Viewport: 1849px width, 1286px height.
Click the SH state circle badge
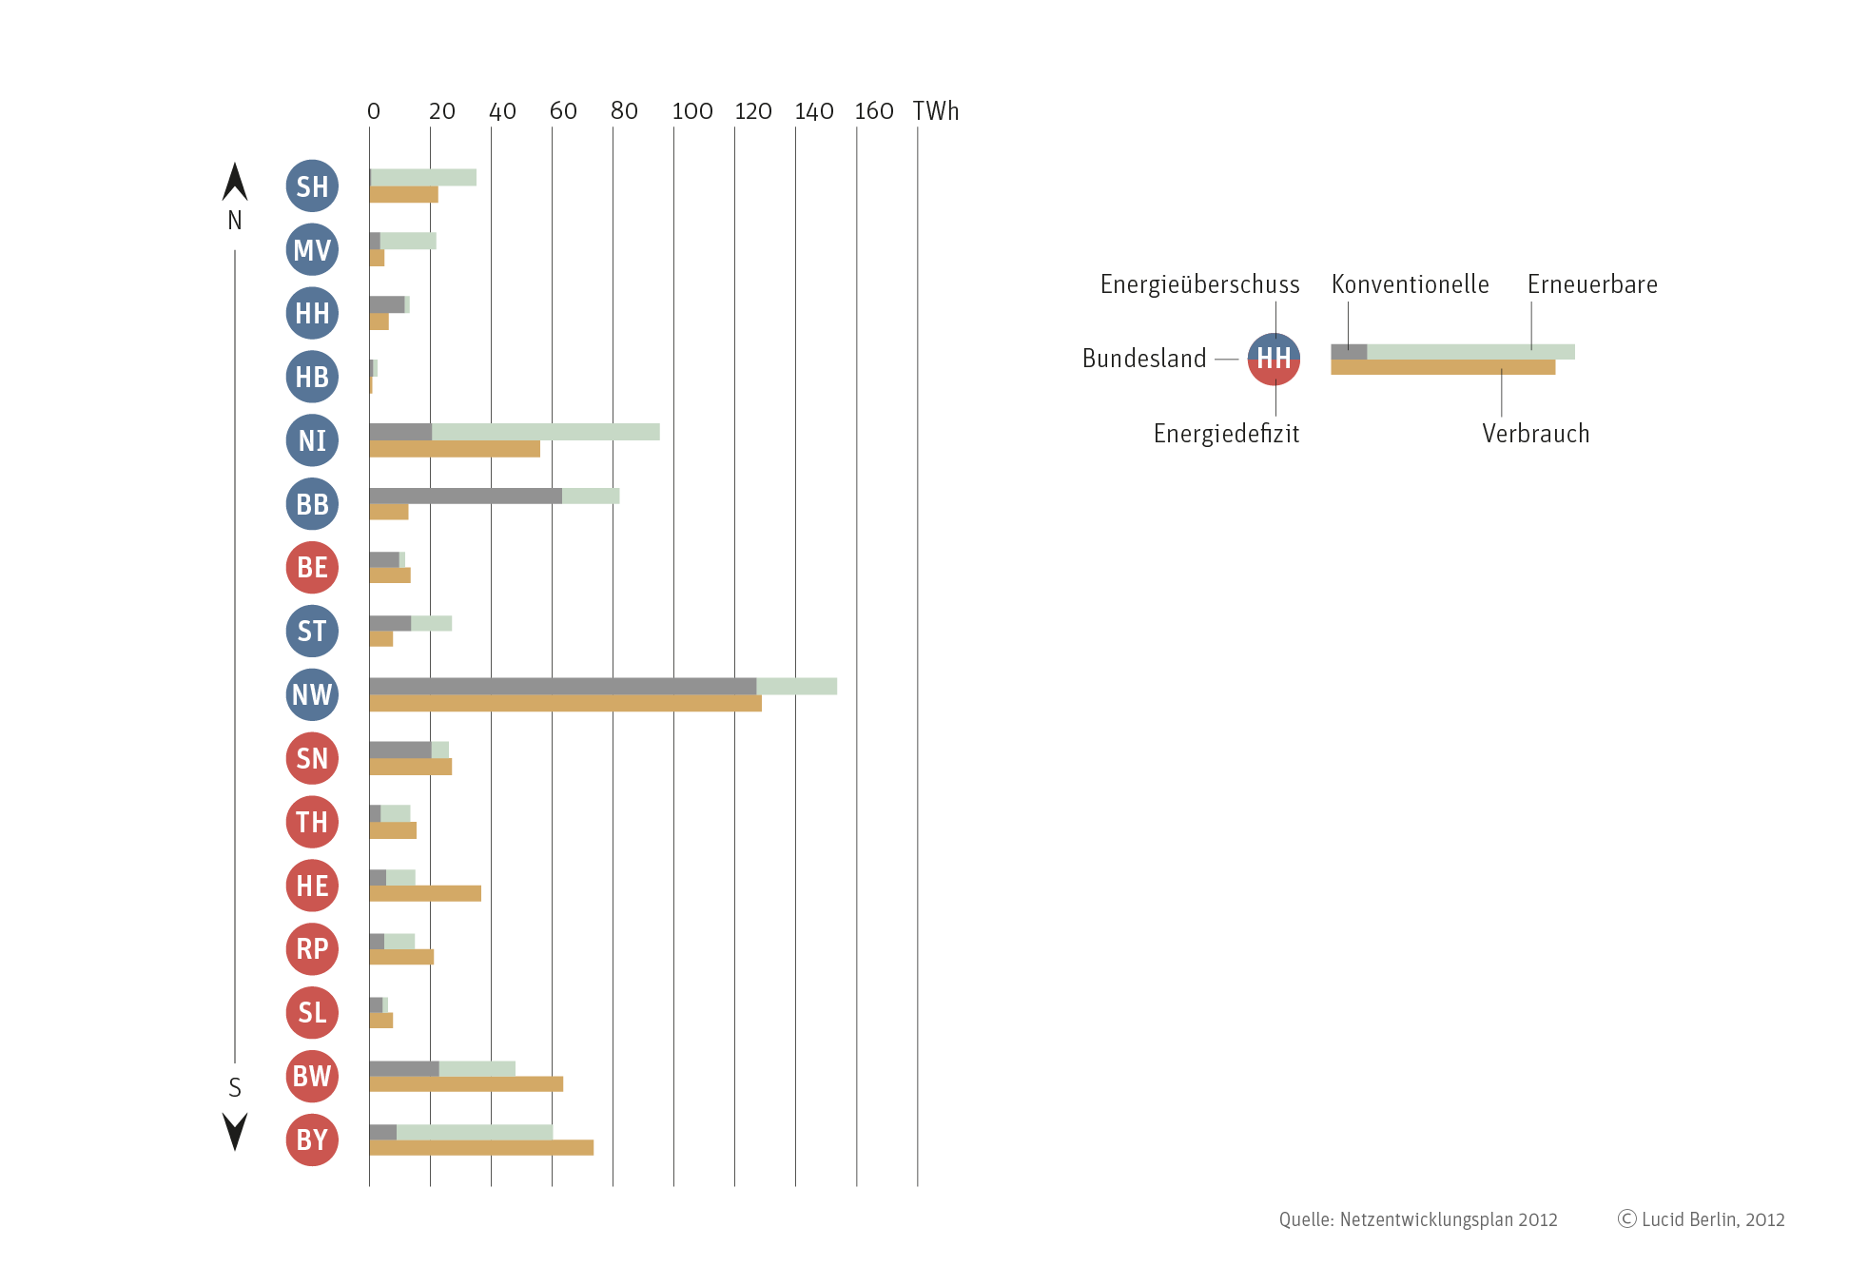[312, 186]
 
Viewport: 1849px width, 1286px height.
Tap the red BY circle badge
[312, 1140]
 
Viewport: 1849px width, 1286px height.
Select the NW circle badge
[312, 694]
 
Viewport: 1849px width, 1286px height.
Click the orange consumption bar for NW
[565, 704]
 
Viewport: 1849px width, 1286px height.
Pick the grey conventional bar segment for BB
[465, 496]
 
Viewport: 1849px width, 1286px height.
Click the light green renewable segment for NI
[545, 432]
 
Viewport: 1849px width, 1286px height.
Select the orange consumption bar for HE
[425, 893]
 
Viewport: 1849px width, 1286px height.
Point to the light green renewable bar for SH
[423, 178]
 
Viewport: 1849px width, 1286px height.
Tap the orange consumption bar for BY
[481, 1148]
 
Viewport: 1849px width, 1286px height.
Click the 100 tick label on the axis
[692, 111]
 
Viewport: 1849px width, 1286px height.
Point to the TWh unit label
[936, 111]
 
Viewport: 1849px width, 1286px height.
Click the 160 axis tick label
[874, 111]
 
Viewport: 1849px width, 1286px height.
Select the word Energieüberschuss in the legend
[1199, 284]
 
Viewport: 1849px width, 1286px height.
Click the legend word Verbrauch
[1535, 434]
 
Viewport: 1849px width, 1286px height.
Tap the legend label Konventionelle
[1410, 284]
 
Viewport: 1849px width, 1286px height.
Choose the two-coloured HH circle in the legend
[1274, 359]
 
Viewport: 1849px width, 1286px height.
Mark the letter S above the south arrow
[235, 1087]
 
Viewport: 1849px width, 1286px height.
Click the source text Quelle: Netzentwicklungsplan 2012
[1417, 1219]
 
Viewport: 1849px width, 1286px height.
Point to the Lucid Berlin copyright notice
[1701, 1219]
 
